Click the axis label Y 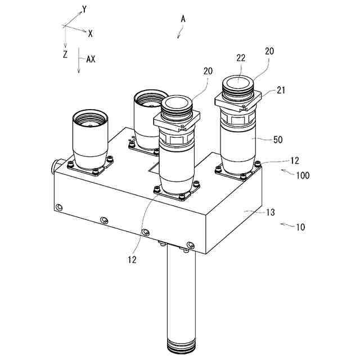tap(85, 10)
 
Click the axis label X tap(91, 34)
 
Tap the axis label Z tap(65, 55)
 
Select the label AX tap(91, 59)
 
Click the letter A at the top tap(183, 19)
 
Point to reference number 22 tap(241, 58)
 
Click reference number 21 tap(281, 90)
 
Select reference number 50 tap(278, 139)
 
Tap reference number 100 tap(303, 175)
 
